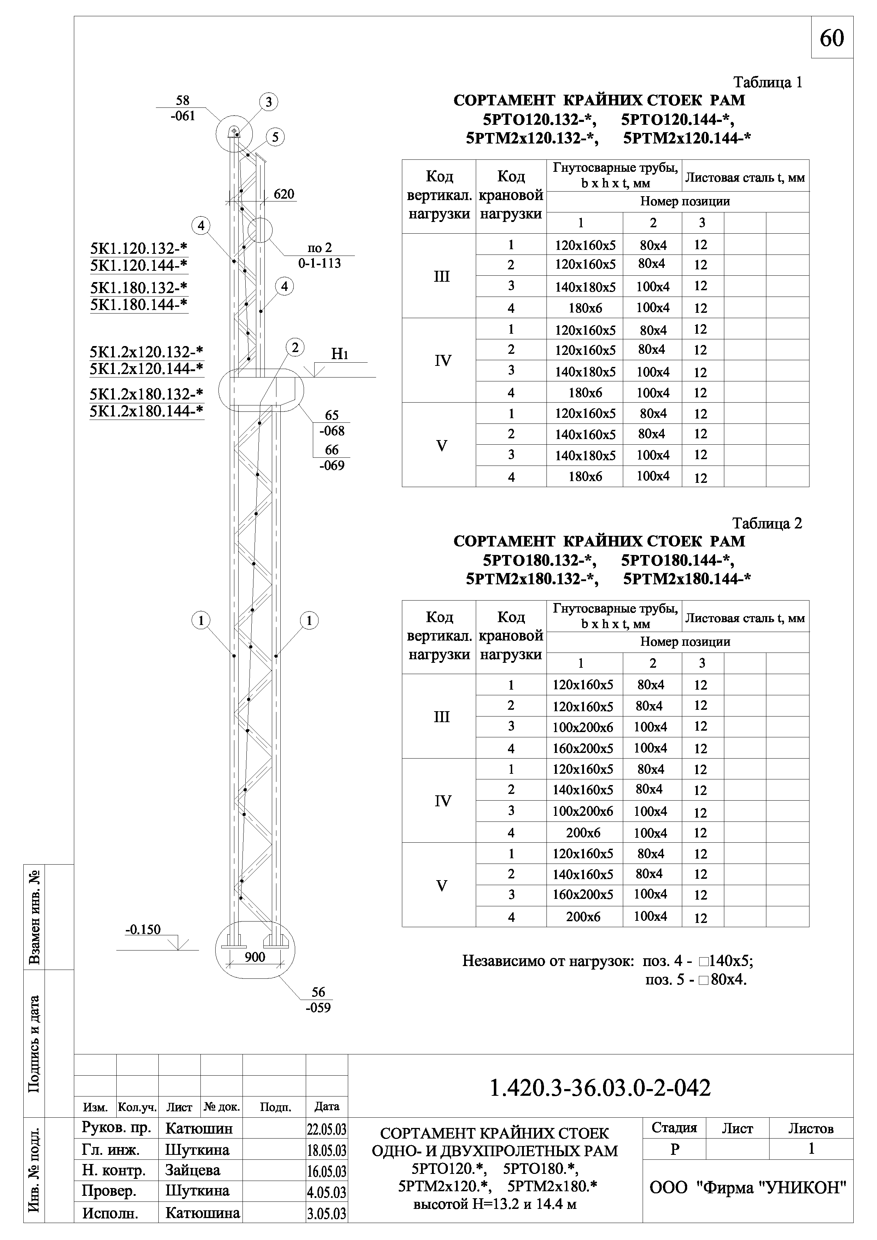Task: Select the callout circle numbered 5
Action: pyautogui.click(x=275, y=137)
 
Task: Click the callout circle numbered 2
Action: pyautogui.click(x=295, y=347)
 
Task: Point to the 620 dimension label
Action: pyautogui.click(x=283, y=194)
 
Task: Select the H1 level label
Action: pyautogui.click(x=339, y=354)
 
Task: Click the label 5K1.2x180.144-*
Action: pyautogui.click(x=146, y=411)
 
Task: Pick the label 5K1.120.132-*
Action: pyautogui.click(x=139, y=248)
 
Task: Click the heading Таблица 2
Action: pyautogui.click(x=767, y=524)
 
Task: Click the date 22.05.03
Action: pyautogui.click(x=327, y=1129)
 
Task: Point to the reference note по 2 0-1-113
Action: pyautogui.click(x=320, y=256)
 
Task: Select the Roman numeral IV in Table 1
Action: pyautogui.click(x=442, y=361)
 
